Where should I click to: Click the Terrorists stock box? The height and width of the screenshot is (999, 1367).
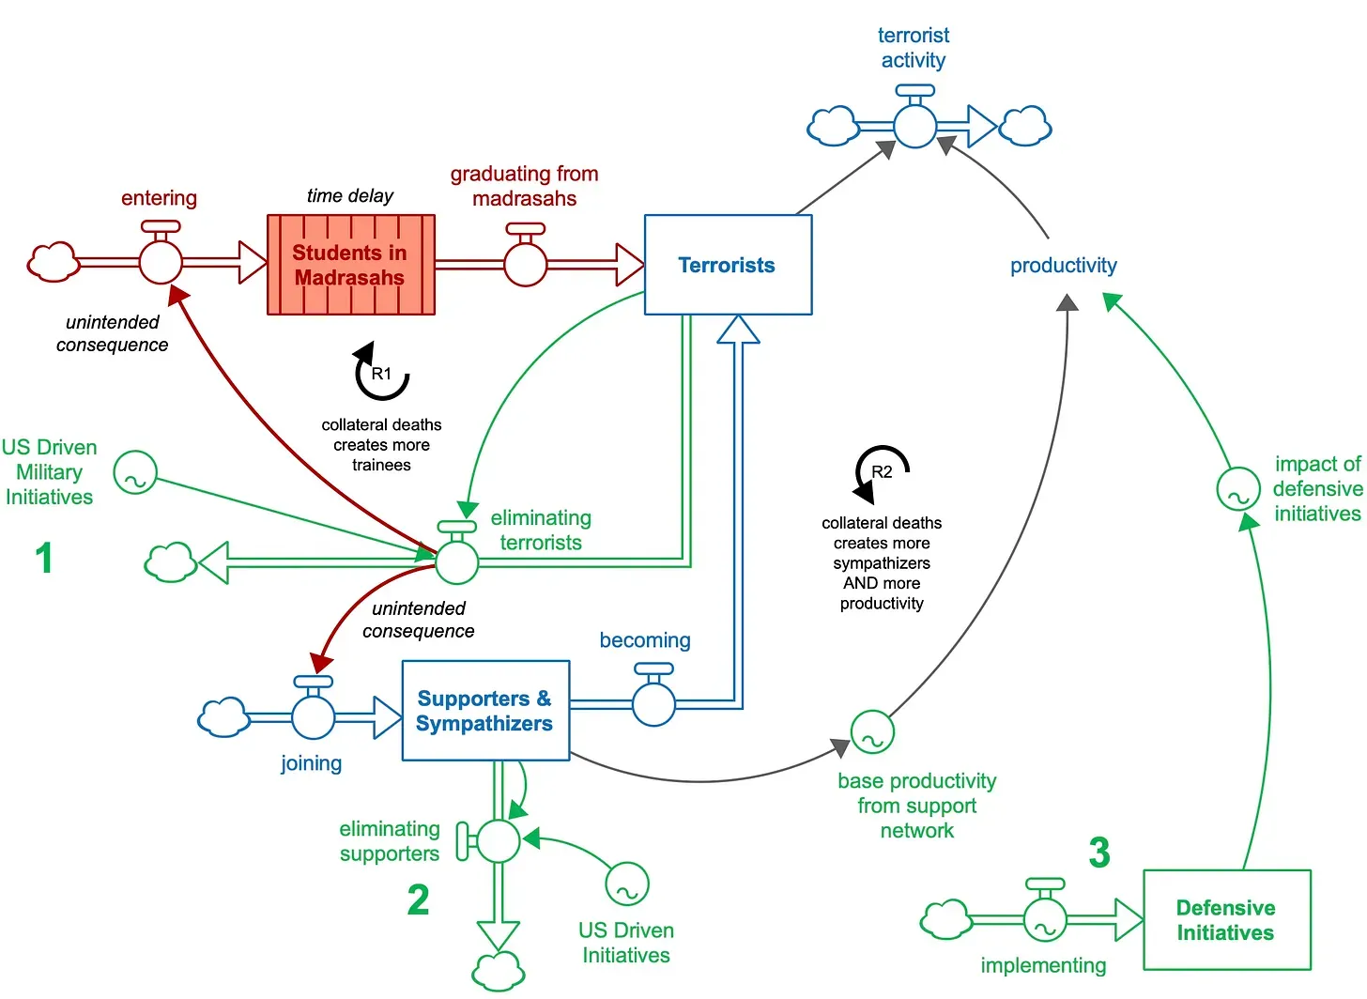pos(728,265)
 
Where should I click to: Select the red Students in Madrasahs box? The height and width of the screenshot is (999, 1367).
pos(350,265)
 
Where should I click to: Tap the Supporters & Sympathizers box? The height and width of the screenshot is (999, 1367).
pos(485,711)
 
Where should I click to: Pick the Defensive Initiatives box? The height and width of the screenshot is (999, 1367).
pos(1226,920)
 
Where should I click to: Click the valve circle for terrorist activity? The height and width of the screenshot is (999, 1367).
pos(914,126)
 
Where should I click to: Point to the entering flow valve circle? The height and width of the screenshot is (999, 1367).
pos(161,262)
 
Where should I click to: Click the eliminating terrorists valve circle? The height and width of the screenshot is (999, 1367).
pos(457,562)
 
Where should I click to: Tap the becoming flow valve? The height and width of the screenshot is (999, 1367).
pos(653,703)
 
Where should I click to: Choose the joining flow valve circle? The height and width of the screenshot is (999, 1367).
pos(313,718)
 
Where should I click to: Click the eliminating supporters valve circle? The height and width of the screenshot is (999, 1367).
pos(498,841)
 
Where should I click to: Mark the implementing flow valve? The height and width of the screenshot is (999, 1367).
pos(1044,920)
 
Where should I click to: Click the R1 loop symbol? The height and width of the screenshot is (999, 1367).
pos(381,374)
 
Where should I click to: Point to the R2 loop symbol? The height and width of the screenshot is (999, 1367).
pos(882,471)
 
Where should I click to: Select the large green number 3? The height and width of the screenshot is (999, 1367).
pos(1099,853)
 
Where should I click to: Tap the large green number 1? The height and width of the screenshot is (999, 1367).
pos(43,558)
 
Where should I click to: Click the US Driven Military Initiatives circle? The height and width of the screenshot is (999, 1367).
pos(135,473)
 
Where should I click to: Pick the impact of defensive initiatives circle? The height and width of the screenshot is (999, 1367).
pos(1238,489)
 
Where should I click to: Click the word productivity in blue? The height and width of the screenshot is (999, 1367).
pos(1063,266)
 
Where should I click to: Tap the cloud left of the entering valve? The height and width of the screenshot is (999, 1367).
pos(53,262)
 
